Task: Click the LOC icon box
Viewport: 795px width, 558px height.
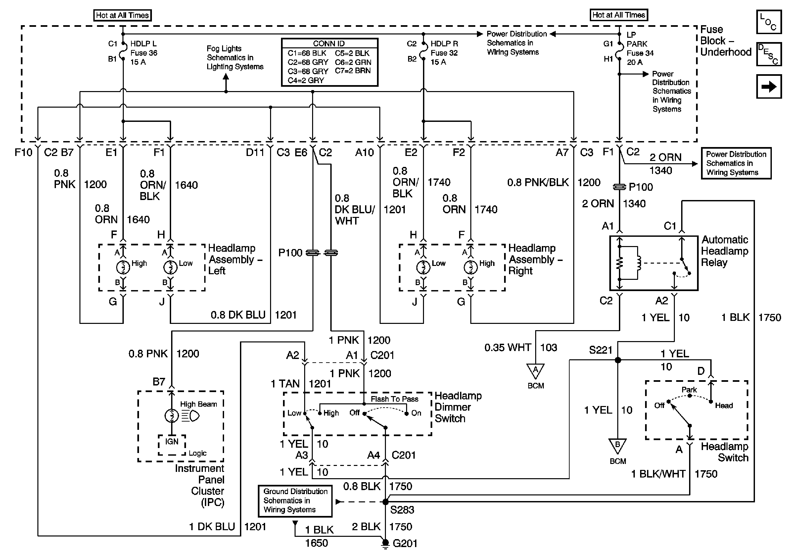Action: click(x=769, y=22)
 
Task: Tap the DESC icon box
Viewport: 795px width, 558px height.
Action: click(x=769, y=54)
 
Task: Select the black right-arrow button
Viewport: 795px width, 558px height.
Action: click(x=769, y=86)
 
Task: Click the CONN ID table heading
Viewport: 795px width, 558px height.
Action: click(x=329, y=44)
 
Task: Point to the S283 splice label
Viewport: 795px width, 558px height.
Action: click(x=402, y=510)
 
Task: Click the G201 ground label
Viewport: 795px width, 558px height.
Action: click(x=405, y=543)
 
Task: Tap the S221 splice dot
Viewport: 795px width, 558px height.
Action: click(x=618, y=360)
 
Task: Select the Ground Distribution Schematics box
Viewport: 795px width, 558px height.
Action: click(x=295, y=501)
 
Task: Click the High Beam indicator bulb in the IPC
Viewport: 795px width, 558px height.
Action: click(x=171, y=416)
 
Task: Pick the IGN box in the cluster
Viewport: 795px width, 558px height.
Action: click(x=172, y=442)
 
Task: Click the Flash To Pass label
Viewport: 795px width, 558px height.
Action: click(x=395, y=399)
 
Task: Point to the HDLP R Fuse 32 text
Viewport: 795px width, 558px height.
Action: click(x=444, y=53)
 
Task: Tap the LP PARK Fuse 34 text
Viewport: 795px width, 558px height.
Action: click(x=640, y=48)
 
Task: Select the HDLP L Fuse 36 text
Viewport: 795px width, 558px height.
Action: click(x=144, y=53)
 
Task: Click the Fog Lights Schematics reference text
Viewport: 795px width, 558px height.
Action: click(x=235, y=58)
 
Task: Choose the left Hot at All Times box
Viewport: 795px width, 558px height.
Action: click(x=122, y=15)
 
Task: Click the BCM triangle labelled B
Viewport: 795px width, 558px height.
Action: click(x=617, y=445)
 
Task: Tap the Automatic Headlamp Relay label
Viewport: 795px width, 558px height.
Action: click(x=725, y=251)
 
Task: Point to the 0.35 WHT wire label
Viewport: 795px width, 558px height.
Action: click(x=508, y=347)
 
